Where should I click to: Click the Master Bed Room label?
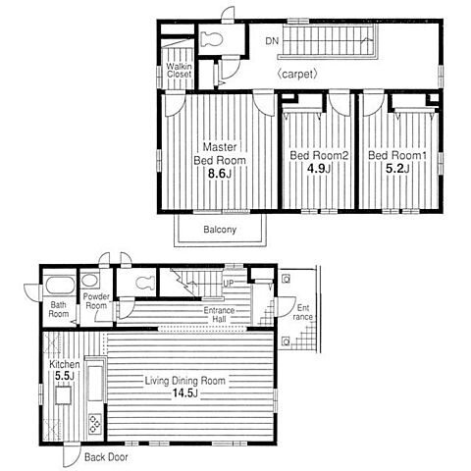point(220,153)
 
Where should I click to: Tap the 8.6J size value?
point(220,174)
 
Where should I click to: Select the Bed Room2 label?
point(319,155)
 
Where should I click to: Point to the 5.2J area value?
point(397,169)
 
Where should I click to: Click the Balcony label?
point(220,230)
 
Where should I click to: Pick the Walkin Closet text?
point(179,71)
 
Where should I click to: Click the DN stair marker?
point(272,41)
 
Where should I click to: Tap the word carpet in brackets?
point(297,75)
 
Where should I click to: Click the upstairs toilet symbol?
point(212,39)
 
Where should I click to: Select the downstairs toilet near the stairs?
point(145,283)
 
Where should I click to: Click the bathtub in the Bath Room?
point(60,286)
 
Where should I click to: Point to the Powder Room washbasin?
point(89,281)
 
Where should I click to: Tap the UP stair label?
point(229,284)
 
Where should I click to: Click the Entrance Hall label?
point(219,315)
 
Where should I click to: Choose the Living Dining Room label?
point(185,381)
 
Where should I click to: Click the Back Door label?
point(106,457)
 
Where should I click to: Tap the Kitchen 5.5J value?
point(65,376)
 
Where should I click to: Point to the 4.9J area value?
point(319,169)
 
